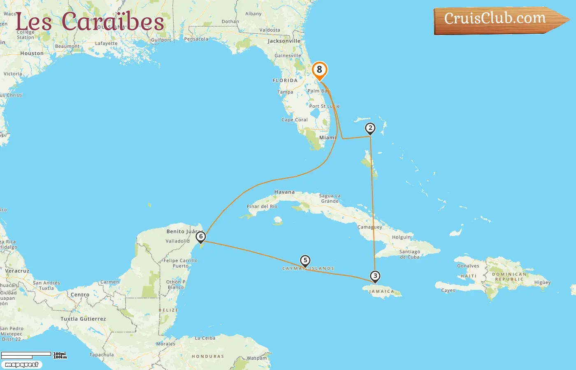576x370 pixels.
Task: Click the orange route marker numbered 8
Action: pyautogui.click(x=319, y=70)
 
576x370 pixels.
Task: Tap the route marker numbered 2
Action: pyautogui.click(x=370, y=129)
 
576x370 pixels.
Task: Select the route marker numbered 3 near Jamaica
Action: pyautogui.click(x=375, y=276)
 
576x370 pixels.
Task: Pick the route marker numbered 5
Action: pyautogui.click(x=305, y=261)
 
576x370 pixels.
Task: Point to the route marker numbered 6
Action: pyautogui.click(x=201, y=237)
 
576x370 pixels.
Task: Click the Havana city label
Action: pyautogui.click(x=284, y=192)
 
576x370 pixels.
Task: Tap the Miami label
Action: pyautogui.click(x=327, y=138)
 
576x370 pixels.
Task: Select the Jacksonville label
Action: pyautogui.click(x=284, y=41)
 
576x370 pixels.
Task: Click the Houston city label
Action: pyautogui.click(x=32, y=53)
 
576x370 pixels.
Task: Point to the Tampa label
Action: pyautogui.click(x=285, y=92)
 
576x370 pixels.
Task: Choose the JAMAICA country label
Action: pyautogui.click(x=381, y=291)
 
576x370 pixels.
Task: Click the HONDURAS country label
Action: pyautogui.click(x=208, y=356)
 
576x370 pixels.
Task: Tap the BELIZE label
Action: pyautogui.click(x=168, y=310)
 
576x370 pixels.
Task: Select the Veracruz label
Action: pyautogui.click(x=17, y=271)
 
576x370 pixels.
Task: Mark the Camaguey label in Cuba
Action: pyautogui.click(x=369, y=227)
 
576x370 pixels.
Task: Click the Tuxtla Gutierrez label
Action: pyautogui.click(x=83, y=319)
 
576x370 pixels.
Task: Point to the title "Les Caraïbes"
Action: pyautogui.click(x=90, y=22)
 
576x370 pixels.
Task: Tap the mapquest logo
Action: pyautogui.click(x=21, y=365)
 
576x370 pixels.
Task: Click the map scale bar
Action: pyautogui.click(x=26, y=354)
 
